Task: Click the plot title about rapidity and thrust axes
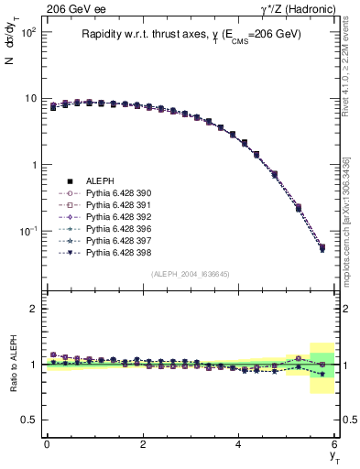(191, 36)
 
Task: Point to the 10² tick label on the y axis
(27, 31)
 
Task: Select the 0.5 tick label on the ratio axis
(27, 420)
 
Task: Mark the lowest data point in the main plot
(322, 247)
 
